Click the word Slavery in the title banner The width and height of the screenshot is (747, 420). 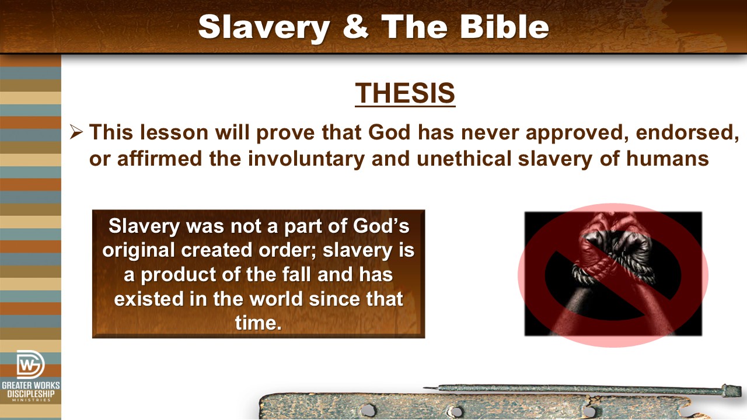pos(264,27)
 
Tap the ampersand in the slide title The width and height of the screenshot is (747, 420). pos(355,26)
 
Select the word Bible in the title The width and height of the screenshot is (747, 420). pos(504,26)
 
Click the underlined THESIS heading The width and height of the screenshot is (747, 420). pos(405,93)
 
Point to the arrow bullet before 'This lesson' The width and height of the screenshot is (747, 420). pos(76,132)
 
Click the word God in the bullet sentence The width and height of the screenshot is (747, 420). pos(389,132)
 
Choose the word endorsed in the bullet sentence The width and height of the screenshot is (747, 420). pos(687,133)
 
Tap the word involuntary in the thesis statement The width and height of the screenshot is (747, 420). pos(306,159)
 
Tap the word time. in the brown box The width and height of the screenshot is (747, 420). pos(259,323)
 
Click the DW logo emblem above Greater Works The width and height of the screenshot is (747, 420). pos(30,365)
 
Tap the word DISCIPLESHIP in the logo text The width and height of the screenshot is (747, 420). pos(31,394)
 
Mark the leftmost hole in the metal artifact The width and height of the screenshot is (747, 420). pos(368,409)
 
